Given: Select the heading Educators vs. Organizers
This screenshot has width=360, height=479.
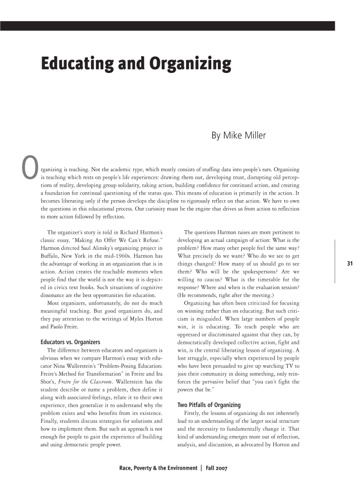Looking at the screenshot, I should [70, 342].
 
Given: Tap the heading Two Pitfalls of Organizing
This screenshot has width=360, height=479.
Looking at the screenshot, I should [209, 405].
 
